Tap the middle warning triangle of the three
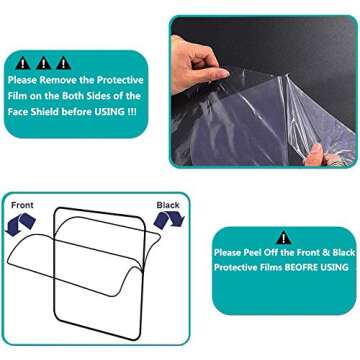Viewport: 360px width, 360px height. coord(44,62)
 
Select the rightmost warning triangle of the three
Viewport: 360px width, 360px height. coord(64,62)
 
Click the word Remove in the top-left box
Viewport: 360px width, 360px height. coord(61,79)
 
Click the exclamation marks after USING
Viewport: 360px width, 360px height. coord(132,112)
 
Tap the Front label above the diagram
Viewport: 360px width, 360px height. coord(22,205)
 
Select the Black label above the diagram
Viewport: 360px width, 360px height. coord(168,205)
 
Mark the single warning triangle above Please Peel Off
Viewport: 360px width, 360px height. coord(284,238)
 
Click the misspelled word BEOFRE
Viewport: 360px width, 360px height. coord(296,267)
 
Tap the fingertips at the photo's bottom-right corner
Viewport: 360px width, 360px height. coord(318,152)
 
